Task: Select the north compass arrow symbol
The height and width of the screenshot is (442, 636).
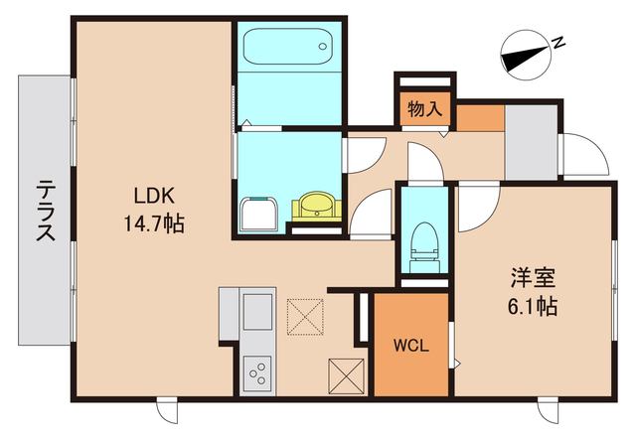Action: point(524,54)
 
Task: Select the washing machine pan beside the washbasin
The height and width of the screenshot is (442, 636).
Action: point(260,214)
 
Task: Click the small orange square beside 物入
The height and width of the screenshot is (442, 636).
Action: point(479,115)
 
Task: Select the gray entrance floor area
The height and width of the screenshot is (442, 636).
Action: point(531,139)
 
